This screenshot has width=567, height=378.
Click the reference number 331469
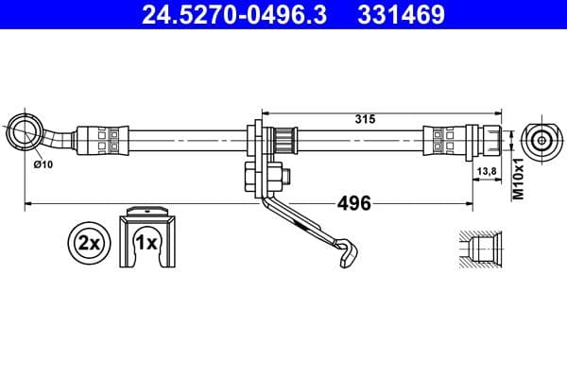coord(400,15)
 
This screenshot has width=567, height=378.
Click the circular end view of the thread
coord(540,141)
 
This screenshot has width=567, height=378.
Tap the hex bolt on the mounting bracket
coord(254,178)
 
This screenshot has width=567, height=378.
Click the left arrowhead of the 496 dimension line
coord(29,202)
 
